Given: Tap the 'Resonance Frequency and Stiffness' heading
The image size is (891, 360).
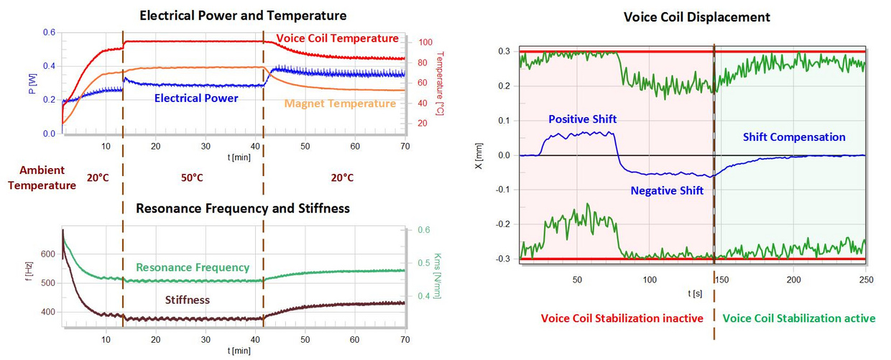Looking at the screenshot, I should [x=244, y=208].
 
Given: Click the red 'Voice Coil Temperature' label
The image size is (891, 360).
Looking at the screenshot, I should [x=337, y=38].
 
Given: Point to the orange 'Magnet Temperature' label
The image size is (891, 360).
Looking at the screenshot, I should [x=340, y=103].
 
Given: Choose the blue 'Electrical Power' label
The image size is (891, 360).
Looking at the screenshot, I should [x=196, y=98].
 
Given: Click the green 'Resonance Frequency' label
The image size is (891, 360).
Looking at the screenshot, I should [x=193, y=267].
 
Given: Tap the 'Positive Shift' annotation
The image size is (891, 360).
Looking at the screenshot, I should [x=582, y=119].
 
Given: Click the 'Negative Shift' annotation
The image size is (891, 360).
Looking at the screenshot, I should [x=667, y=190].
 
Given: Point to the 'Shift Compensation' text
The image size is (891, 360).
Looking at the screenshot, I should [x=794, y=137].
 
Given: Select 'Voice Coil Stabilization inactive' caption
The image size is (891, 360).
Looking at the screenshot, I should [x=622, y=318].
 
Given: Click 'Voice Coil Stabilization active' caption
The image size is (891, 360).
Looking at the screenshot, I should [x=798, y=318].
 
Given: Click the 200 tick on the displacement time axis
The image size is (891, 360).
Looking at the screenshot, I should [x=793, y=279].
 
